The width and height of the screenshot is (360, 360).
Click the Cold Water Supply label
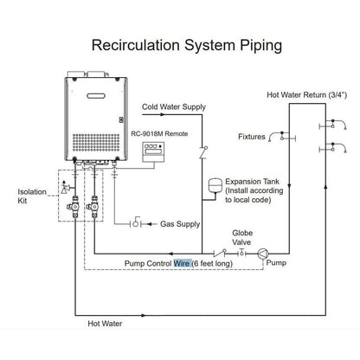tap(176, 106)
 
